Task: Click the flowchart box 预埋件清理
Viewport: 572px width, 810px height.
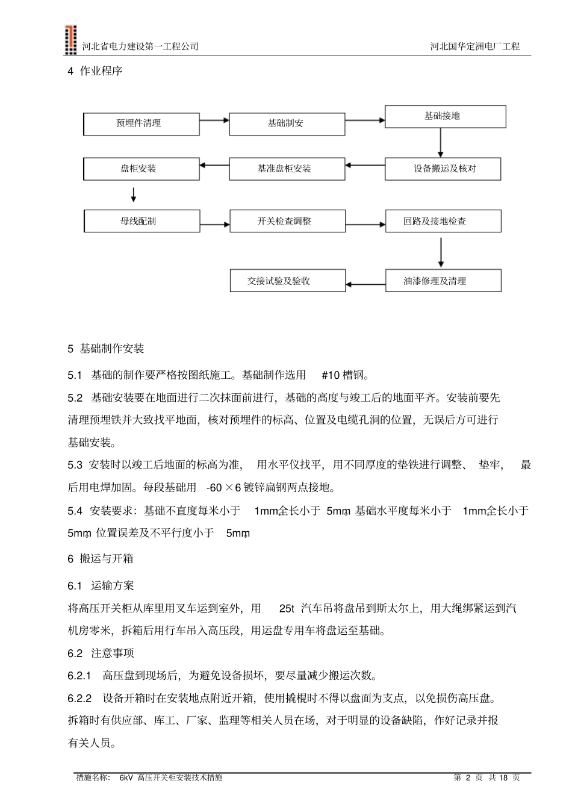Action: [x=141, y=123]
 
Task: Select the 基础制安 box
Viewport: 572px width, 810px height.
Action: [x=287, y=123]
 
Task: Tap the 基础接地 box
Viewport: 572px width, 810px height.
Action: [x=445, y=116]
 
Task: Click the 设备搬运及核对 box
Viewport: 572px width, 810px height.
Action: [x=443, y=169]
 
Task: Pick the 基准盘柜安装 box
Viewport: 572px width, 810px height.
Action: [x=287, y=169]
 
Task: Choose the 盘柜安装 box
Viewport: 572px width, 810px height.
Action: [x=141, y=169]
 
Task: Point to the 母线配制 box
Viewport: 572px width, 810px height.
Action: [x=141, y=221]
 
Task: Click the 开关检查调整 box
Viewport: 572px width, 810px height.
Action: [x=287, y=221]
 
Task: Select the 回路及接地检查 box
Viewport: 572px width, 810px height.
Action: [x=443, y=221]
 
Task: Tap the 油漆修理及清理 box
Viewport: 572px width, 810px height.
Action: [x=443, y=281]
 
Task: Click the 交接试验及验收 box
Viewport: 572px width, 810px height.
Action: [x=287, y=281]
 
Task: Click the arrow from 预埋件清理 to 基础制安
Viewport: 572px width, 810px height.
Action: [x=214, y=120]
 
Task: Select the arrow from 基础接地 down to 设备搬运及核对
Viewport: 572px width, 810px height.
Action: [x=441, y=143]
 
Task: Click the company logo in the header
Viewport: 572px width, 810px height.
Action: [x=71, y=40]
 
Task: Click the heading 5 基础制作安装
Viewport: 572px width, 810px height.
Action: [x=106, y=349]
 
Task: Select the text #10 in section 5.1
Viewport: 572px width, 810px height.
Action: [x=331, y=375]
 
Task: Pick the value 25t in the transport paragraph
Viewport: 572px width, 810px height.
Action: [x=287, y=608]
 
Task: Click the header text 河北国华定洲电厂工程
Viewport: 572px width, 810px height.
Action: [x=475, y=46]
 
